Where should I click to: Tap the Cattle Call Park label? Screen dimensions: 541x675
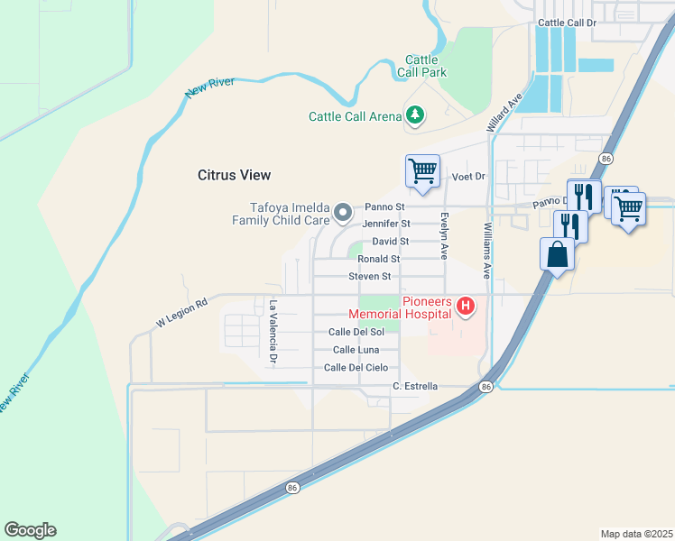click(x=421, y=67)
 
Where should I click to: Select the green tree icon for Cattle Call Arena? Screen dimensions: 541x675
click(x=415, y=115)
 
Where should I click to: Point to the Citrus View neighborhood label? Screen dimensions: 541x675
click(x=234, y=175)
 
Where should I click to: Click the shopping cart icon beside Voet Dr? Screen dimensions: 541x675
click(x=422, y=170)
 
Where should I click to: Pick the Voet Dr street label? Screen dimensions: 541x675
click(x=468, y=177)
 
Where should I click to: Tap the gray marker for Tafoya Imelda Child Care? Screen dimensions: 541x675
click(x=343, y=213)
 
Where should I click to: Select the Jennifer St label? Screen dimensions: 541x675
click(x=385, y=224)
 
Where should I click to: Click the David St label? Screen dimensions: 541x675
click(x=391, y=242)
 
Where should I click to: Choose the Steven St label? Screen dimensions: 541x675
click(x=369, y=277)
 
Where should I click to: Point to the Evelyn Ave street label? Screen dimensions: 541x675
click(x=444, y=235)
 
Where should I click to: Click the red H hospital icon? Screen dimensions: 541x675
click(x=466, y=307)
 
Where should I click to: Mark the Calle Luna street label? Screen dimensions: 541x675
click(x=356, y=350)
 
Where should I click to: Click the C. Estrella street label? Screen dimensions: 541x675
click(x=415, y=387)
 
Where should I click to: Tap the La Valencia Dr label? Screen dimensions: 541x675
click(x=273, y=333)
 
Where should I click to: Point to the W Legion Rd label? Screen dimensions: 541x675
click(x=181, y=313)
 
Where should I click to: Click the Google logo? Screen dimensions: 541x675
click(x=30, y=530)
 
